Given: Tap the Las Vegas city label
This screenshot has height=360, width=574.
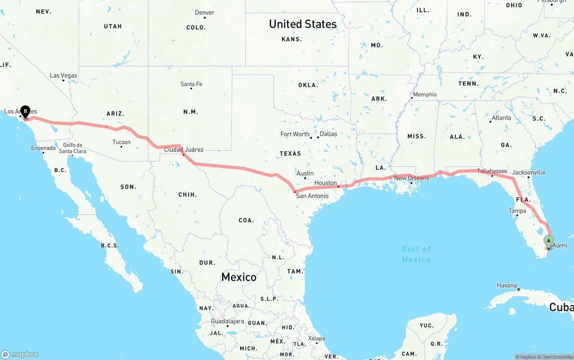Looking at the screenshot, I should (63, 75).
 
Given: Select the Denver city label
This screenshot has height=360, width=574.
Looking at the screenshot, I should (204, 13).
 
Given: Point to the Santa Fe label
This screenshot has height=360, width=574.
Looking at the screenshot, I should (191, 84).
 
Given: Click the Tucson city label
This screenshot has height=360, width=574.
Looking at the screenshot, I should (122, 142).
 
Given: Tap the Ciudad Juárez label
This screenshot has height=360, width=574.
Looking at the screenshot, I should (184, 150).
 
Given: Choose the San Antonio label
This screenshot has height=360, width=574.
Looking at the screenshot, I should (312, 196).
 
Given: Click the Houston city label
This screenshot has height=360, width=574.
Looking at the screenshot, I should (326, 183).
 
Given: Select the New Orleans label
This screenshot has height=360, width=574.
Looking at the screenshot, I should (412, 178).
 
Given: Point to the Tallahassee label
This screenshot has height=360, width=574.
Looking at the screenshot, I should (492, 171).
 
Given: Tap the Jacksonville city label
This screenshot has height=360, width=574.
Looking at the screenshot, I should (529, 172).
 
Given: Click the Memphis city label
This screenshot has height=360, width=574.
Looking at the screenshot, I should (425, 95).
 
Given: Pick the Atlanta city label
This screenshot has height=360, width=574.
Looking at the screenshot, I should (501, 118).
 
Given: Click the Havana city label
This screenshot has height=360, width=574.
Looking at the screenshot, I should (507, 285).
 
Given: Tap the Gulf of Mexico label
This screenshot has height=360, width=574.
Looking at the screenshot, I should (416, 254).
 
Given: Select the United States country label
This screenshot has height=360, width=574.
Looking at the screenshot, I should (303, 24).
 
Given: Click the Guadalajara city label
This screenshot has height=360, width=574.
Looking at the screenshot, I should (227, 321).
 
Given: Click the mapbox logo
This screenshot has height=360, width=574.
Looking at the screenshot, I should (20, 354).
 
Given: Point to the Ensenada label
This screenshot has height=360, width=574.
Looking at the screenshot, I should (43, 148).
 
